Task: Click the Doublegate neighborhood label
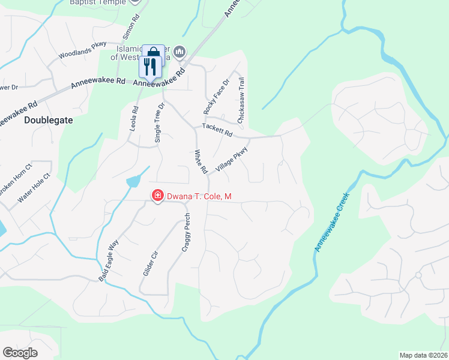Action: tap(49, 120)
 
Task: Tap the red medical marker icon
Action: tap(157, 196)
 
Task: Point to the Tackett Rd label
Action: tap(217, 130)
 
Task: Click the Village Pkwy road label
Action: tap(232, 161)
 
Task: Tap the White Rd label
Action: tap(200, 162)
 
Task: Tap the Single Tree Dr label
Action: tap(160, 122)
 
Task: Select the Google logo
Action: tap(20, 353)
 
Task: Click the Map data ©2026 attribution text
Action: tap(423, 355)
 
